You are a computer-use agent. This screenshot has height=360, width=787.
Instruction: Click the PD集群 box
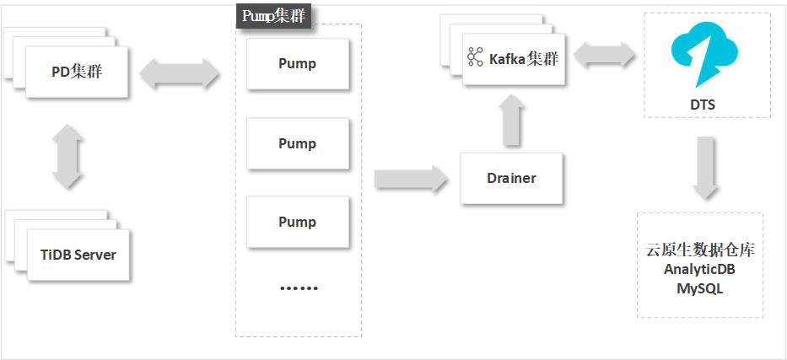77,72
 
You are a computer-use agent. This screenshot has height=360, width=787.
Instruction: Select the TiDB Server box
78,255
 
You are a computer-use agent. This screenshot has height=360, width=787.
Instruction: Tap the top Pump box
297,64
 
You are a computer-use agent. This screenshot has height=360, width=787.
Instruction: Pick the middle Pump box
297,143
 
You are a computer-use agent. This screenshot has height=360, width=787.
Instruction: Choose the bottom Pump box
297,222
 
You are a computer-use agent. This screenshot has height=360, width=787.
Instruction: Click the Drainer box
511,178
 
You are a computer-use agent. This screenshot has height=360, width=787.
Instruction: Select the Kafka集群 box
514,59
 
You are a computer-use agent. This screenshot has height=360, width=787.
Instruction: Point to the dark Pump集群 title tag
273,16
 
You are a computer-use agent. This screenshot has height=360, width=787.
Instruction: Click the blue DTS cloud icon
707,56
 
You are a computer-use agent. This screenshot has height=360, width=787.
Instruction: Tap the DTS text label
707,105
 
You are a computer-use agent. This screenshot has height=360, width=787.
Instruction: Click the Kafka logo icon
476,58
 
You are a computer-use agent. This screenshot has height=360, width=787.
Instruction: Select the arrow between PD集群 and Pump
180,74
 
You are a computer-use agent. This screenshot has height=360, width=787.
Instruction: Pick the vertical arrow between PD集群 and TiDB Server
68,157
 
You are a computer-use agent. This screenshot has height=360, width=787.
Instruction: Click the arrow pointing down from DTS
706,167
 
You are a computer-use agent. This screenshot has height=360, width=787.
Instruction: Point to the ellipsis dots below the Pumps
298,288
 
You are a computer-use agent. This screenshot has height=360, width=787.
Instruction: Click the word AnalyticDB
699,270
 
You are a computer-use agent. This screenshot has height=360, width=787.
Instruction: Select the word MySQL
699,288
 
